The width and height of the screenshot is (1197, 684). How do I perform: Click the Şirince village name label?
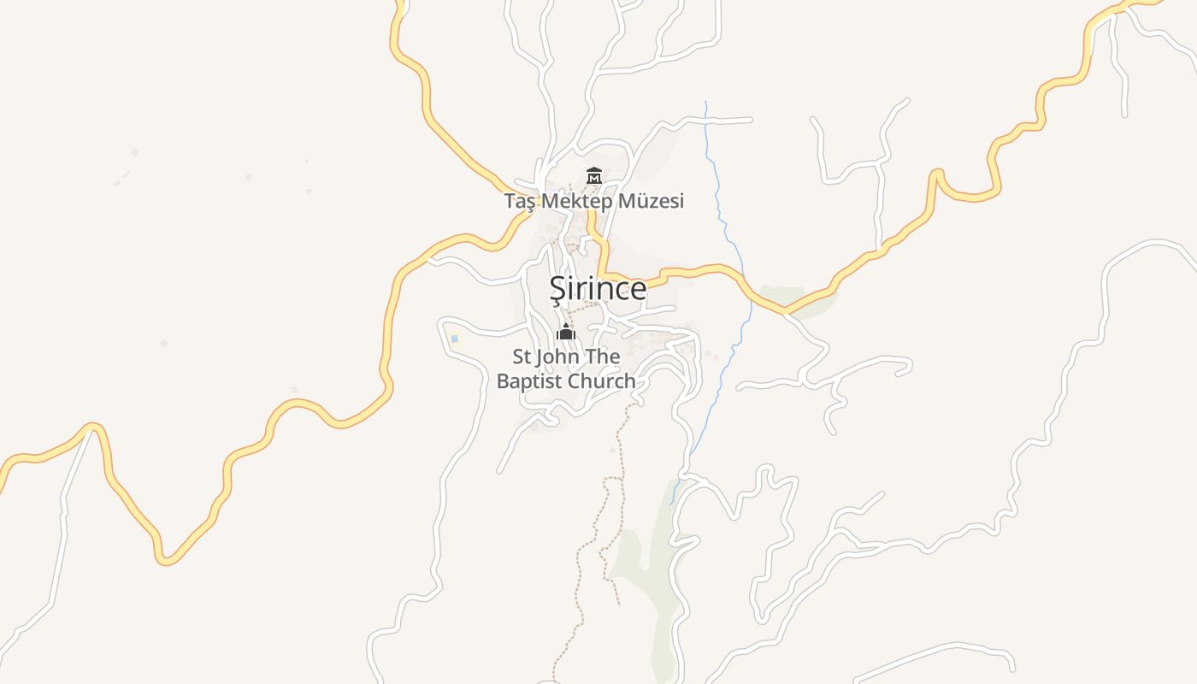tap(598, 289)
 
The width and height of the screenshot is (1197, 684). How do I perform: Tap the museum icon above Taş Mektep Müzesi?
tap(593, 176)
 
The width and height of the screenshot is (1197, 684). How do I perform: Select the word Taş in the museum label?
tap(518, 202)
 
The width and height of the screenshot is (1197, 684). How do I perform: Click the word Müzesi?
tap(653, 202)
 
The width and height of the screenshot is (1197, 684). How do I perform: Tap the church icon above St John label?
tap(566, 332)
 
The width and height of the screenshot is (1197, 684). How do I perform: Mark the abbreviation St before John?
tap(522, 356)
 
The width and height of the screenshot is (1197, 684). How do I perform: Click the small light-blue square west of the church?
tap(454, 339)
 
